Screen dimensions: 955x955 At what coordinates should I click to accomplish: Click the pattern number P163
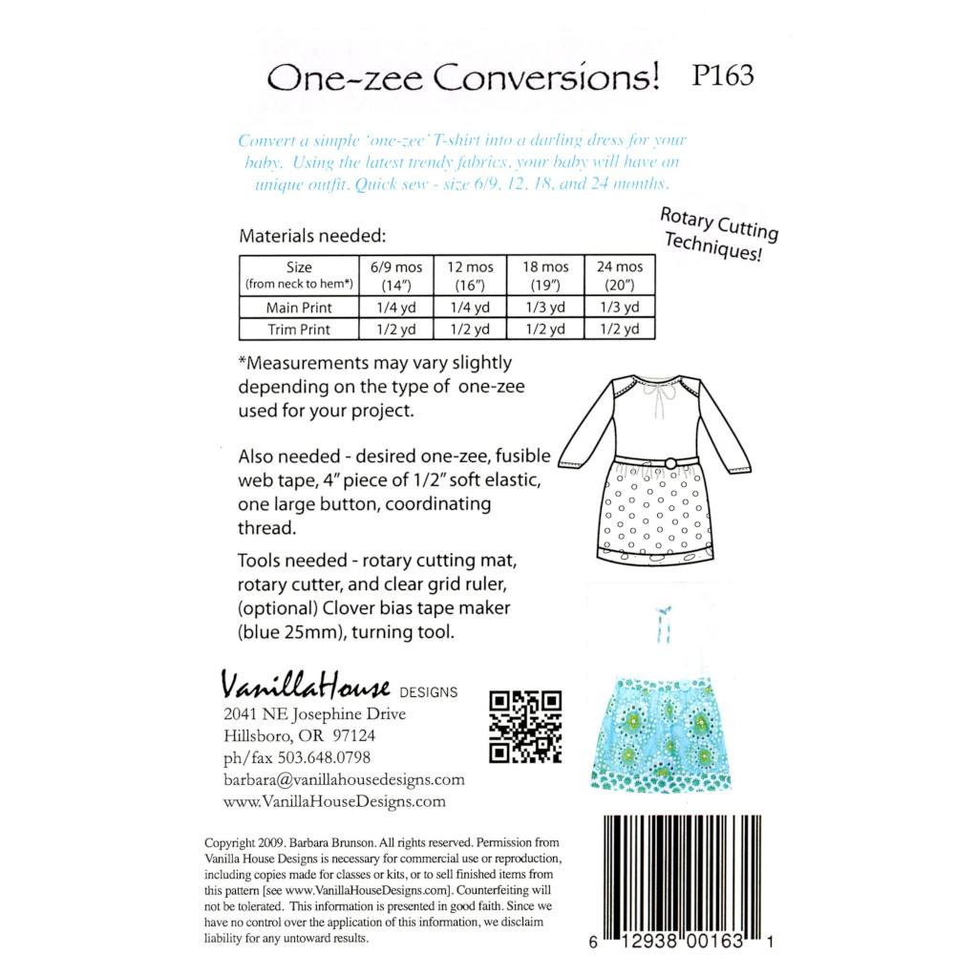[x=720, y=76]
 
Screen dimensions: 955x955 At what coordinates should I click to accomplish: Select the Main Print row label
[x=299, y=307]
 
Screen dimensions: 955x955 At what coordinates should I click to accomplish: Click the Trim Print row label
[x=299, y=329]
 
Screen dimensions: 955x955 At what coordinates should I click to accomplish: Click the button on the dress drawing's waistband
[x=670, y=463]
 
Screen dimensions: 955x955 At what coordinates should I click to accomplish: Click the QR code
[x=524, y=727]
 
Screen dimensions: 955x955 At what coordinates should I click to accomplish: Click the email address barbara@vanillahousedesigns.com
[x=344, y=780]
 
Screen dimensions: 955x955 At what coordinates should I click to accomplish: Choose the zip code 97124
[x=355, y=736]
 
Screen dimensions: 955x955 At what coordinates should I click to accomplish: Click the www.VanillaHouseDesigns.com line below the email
[x=334, y=802]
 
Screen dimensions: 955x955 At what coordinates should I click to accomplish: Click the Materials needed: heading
[x=312, y=235]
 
